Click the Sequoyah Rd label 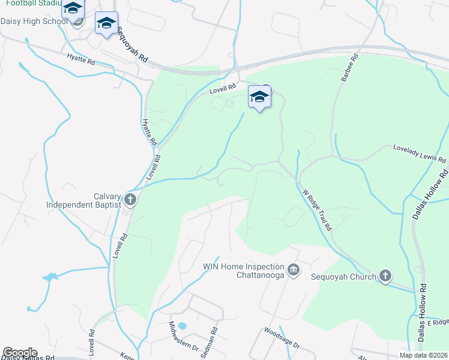pos(133,46)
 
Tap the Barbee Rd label pos(349,69)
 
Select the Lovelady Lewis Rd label pos(420,154)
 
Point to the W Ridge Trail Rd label pos(318,210)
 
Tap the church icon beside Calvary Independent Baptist pos(130,199)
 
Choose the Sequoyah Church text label pos(343,277)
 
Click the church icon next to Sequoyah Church pos(385,276)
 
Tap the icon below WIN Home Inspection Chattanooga pos(294,269)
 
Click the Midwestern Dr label pos(184,336)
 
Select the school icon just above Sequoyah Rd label pos(106,24)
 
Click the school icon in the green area pos(259,97)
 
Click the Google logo pos(19,353)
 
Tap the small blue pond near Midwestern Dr pos(182,326)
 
